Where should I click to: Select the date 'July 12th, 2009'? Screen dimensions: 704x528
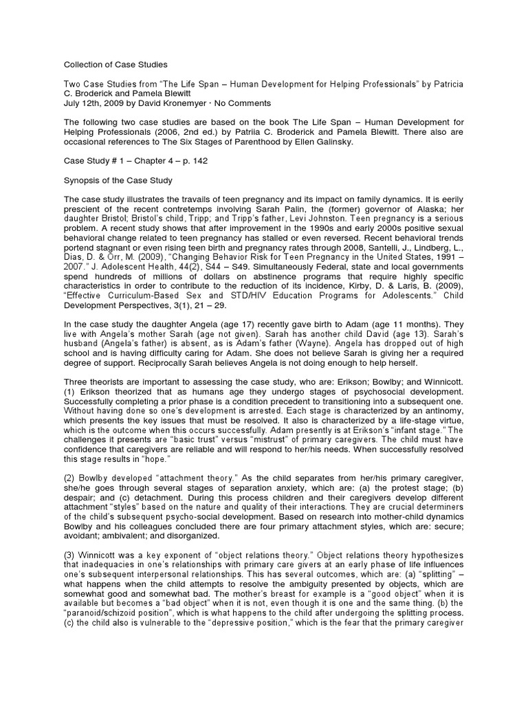(x=92, y=103)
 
